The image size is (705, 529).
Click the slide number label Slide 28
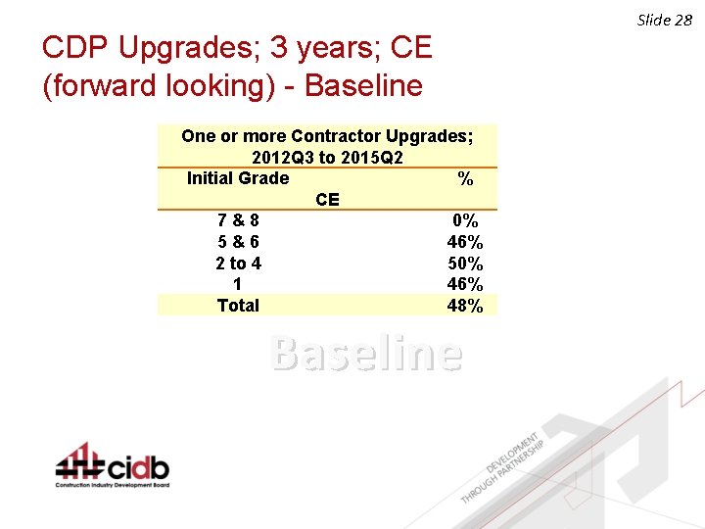(665, 20)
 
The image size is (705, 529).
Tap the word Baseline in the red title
(363, 86)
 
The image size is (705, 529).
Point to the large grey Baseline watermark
(365, 354)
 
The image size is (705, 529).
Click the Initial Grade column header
(238, 178)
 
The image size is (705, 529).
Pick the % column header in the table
(465, 179)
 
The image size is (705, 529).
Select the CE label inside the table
(327, 200)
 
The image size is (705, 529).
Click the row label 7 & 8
(238, 221)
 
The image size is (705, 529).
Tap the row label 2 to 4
(238, 264)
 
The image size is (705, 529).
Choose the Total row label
(238, 306)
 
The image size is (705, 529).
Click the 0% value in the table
(464, 221)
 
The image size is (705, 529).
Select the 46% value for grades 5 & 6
(464, 243)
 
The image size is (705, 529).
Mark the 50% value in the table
(464, 264)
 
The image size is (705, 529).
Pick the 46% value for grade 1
(464, 284)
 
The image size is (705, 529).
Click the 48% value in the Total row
(464, 306)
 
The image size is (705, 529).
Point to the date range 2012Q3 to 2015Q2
(327, 157)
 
